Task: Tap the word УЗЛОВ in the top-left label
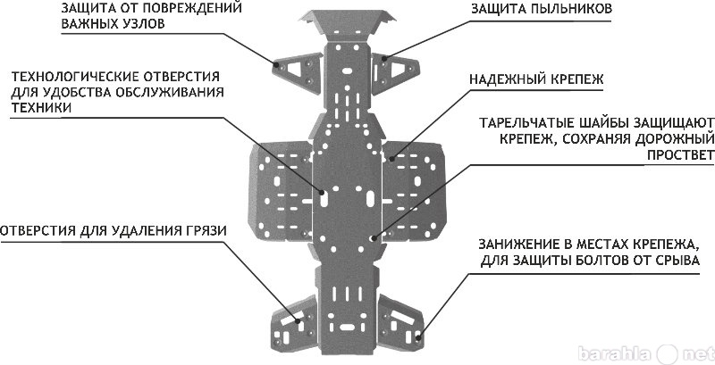coord(142,24)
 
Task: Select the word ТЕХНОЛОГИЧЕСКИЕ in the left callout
coord(75,76)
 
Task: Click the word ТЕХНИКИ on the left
coord(40,108)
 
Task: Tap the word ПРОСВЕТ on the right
coord(680,155)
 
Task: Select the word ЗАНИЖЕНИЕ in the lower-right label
coord(516,244)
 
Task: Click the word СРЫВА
coord(675,261)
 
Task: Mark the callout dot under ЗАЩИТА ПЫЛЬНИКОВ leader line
coord(384,58)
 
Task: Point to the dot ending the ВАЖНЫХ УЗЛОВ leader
coord(276,65)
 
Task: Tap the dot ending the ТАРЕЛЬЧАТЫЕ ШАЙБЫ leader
coord(373,237)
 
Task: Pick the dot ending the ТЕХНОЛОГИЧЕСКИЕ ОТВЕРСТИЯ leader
coord(322,193)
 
